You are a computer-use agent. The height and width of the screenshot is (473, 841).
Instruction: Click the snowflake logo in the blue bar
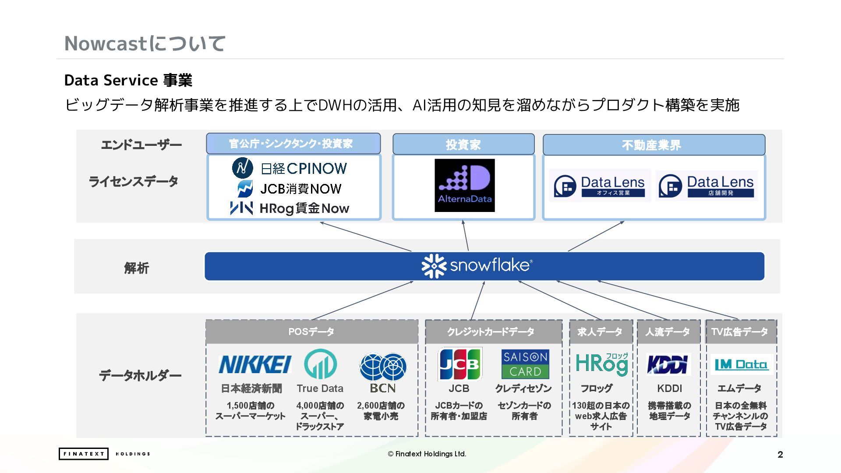click(477, 265)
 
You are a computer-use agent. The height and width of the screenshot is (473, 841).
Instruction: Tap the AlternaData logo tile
click(464, 185)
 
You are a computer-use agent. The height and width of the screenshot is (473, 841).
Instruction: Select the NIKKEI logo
click(254, 364)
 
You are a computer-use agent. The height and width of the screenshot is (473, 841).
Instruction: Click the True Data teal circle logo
click(320, 364)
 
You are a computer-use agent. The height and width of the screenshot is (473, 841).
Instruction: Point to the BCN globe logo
click(383, 367)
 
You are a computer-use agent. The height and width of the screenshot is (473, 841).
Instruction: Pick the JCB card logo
click(460, 364)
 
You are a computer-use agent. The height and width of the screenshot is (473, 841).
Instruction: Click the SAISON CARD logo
click(525, 364)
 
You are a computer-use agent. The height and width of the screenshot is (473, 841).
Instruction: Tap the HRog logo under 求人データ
click(601, 364)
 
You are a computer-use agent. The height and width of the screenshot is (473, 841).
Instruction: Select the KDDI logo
click(668, 364)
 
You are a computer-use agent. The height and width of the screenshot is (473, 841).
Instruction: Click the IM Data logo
click(741, 364)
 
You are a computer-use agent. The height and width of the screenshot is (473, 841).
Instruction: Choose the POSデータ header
click(311, 332)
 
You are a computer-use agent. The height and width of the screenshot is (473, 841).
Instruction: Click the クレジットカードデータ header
click(493, 332)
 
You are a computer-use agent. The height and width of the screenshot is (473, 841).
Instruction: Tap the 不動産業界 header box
click(654, 145)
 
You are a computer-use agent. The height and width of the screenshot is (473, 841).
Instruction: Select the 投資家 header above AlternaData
click(463, 145)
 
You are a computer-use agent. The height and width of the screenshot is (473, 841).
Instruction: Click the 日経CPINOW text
click(304, 168)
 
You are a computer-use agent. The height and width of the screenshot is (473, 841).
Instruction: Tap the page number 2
click(780, 455)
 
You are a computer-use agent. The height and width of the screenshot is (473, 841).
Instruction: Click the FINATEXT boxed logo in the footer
click(83, 454)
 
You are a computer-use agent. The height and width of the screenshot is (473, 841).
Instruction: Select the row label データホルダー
click(140, 375)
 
